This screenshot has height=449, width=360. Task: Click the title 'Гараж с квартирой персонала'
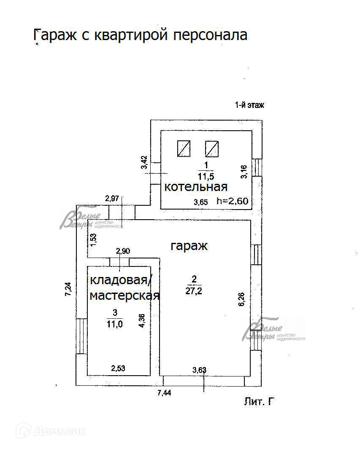140,35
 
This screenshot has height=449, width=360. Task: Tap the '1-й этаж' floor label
249,105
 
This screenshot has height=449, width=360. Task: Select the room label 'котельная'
195,187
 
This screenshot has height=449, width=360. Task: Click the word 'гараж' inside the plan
189,246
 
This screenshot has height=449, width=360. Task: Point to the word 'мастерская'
125,296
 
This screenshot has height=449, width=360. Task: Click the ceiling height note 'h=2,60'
232,201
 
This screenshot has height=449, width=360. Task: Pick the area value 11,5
206,176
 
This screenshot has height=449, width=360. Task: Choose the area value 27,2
194,290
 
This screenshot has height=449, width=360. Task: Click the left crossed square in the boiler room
184,148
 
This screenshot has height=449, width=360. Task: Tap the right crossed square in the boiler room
212,148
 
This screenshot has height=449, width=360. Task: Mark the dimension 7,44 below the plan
165,393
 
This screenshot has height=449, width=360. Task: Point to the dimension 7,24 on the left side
68,289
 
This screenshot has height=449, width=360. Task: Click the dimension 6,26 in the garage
241,299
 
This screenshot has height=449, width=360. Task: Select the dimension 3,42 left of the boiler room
144,163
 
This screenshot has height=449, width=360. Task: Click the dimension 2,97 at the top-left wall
113,198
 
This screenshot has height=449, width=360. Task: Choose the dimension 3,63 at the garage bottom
199,370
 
